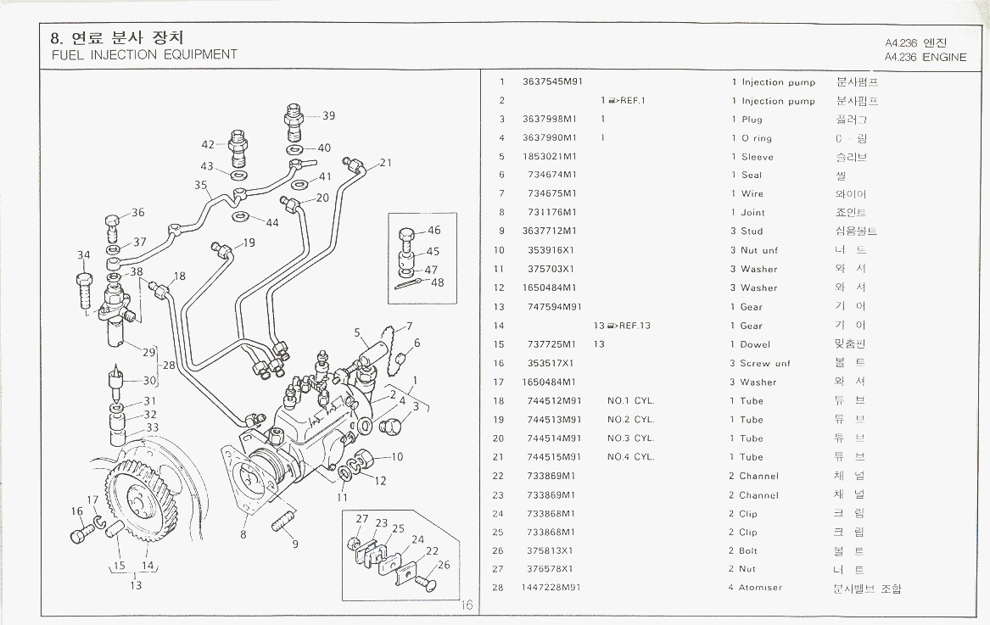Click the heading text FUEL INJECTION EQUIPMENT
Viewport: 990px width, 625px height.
144,55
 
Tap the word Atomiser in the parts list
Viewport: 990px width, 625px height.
760,588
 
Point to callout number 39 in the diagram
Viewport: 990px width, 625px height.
328,116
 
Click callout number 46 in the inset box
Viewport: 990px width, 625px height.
433,231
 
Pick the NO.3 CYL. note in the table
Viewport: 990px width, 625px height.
630,438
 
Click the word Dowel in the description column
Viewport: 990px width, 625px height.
755,344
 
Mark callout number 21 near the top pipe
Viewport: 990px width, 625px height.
385,163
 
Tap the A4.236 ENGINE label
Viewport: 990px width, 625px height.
926,58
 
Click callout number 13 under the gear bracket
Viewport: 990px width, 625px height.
136,585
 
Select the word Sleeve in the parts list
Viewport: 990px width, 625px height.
757,157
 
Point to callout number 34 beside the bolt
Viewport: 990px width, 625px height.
83,255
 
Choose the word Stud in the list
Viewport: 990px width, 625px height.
752,232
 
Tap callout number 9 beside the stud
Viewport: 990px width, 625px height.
295,544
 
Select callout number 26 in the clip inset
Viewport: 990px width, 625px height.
444,566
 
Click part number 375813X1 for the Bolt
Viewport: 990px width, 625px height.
550,550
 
